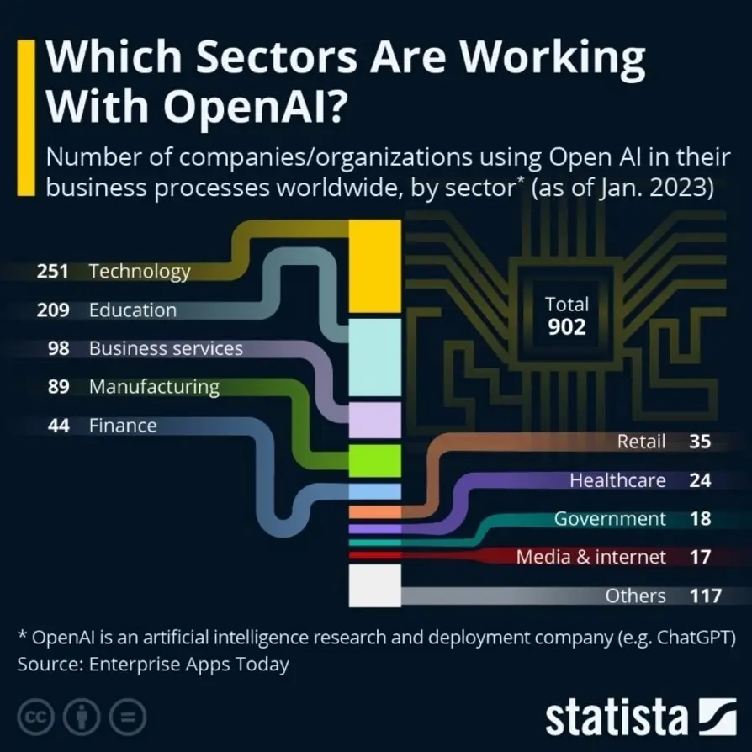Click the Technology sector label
[140, 272]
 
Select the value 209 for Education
[53, 310]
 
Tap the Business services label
[166, 348]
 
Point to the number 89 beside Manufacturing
[58, 387]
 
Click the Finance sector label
[123, 426]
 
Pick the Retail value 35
[700, 442]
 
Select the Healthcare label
[617, 480]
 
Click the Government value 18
[700, 519]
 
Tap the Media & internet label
[590, 557]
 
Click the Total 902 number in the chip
[567, 327]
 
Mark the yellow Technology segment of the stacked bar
[374, 266]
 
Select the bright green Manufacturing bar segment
[374, 461]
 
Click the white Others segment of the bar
[374, 585]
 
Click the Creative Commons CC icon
[35, 718]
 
